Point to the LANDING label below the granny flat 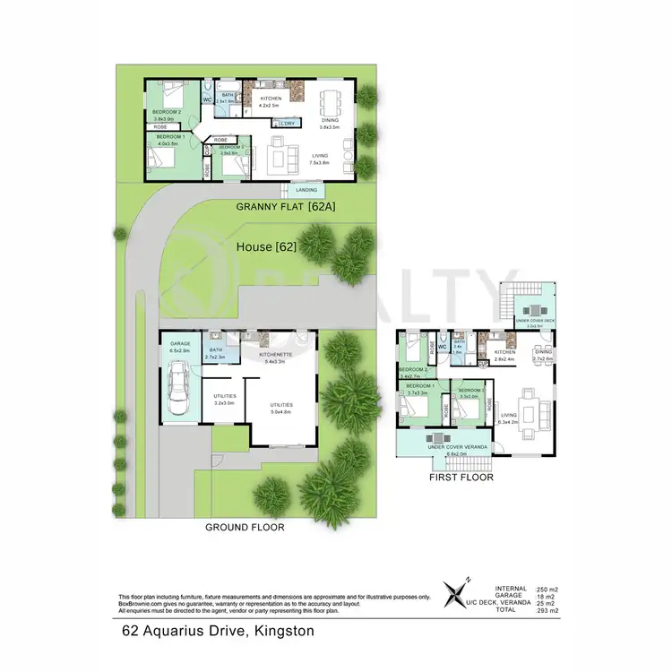[x=307, y=190]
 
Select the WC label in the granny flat [x=207, y=100]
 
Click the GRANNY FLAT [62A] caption [x=279, y=207]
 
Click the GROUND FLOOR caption [x=245, y=527]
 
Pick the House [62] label [x=266, y=245]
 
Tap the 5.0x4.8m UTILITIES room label [x=281, y=409]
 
